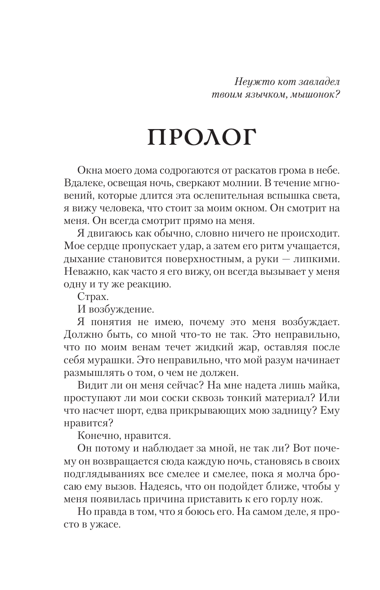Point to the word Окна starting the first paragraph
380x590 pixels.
coord(91,171)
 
